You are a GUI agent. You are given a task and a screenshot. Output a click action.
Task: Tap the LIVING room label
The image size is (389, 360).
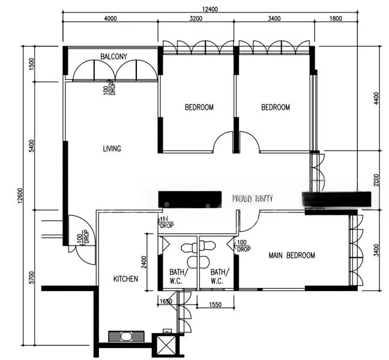point(112,148)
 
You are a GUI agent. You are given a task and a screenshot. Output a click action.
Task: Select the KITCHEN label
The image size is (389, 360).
point(126,279)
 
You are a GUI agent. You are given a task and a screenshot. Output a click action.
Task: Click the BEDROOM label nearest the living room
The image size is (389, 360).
point(199,107)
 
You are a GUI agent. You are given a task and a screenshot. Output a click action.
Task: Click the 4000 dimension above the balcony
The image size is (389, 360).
point(110,19)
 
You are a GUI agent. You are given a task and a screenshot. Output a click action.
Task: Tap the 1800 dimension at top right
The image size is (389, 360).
point(335,19)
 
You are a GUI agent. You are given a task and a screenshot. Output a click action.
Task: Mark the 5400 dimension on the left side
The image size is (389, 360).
point(31,146)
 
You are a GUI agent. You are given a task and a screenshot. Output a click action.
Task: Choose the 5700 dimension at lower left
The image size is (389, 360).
point(31,278)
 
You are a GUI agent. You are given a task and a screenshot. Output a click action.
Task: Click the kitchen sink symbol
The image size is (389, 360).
point(126,337)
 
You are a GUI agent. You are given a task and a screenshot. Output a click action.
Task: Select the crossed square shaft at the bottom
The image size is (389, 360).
point(165,346)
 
